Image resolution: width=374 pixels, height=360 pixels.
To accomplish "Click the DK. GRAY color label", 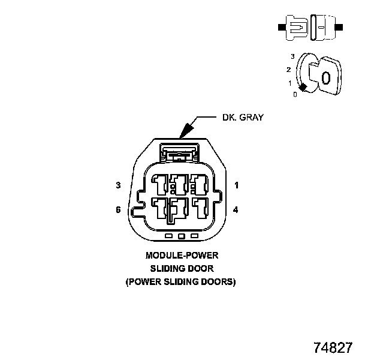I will pos(243,118).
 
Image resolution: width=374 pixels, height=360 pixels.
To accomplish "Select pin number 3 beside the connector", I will pos(119,185).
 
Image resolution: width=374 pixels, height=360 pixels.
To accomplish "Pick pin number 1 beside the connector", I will pos(237,185).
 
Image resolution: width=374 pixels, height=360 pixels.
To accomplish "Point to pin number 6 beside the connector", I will pos(119,210).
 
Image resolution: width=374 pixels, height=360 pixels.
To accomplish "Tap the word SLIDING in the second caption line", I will pos(166,268).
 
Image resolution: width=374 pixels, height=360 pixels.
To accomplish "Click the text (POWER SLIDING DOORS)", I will pos(180,281).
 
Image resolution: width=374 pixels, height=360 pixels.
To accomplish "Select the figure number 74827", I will pos(333,347).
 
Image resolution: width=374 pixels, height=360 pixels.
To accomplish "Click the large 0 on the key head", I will pos(325,78).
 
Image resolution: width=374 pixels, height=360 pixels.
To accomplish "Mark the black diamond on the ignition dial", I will pos(303,88).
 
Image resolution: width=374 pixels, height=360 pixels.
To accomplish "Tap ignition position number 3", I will pos(292,56).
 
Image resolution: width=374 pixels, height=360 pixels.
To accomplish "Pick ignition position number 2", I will pos(288,70).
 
